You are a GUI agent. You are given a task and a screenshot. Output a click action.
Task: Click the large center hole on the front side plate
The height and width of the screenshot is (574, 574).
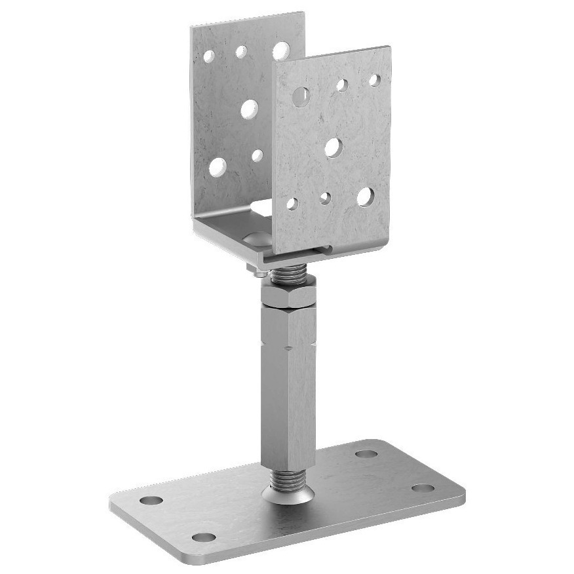(x=333, y=147)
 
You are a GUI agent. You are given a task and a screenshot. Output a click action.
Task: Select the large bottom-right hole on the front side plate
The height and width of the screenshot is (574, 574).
(x=365, y=196)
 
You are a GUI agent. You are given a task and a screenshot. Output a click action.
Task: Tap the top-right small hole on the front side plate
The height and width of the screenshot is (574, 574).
(x=374, y=81)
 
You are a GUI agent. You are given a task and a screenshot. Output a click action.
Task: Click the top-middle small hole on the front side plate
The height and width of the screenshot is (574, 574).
(x=341, y=85)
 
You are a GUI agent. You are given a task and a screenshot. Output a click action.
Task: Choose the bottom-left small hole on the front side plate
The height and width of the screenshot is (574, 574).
(x=292, y=204)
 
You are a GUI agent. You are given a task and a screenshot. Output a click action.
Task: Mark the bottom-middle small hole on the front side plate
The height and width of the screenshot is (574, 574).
(x=325, y=198)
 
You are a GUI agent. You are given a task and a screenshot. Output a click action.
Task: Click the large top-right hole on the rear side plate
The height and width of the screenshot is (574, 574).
(x=280, y=50)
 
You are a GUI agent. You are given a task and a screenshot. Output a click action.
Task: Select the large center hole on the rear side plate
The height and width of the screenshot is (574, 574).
(x=249, y=109)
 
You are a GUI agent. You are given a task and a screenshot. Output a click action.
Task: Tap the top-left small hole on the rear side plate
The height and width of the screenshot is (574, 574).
(x=209, y=57)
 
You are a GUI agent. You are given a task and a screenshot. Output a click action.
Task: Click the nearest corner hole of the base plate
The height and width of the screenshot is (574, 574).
(x=204, y=537)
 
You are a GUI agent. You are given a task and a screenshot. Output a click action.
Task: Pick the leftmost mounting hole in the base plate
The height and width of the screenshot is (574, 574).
(x=151, y=501)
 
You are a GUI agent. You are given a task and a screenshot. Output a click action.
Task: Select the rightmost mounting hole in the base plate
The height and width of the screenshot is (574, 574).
(x=423, y=488)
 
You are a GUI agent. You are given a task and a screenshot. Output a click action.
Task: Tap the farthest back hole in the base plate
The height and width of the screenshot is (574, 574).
(x=366, y=453)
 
